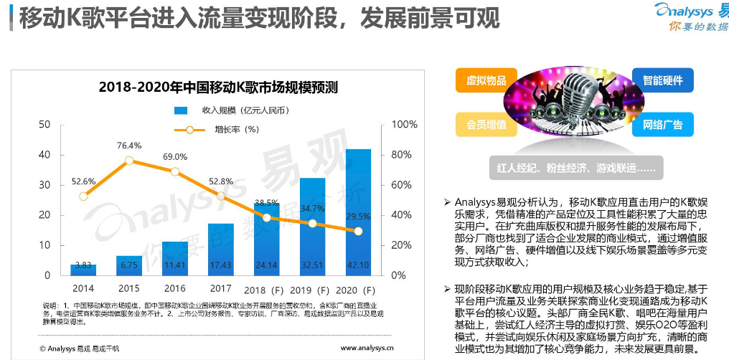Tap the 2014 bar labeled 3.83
tap(83, 269)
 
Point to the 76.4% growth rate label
tap(129, 146)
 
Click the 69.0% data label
tap(174, 156)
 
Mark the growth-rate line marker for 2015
tap(129, 161)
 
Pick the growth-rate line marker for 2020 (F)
tap(358, 231)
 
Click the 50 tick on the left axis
tap(44, 125)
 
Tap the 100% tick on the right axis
tap(404, 125)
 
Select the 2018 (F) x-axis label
tap(266, 290)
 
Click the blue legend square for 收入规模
tap(181, 110)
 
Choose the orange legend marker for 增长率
tap(189, 130)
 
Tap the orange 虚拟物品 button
tap(486, 80)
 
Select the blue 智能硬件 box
tap(662, 80)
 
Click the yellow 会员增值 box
tap(486, 124)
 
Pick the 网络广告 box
tap(662, 124)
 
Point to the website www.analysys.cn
tap(367, 349)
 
